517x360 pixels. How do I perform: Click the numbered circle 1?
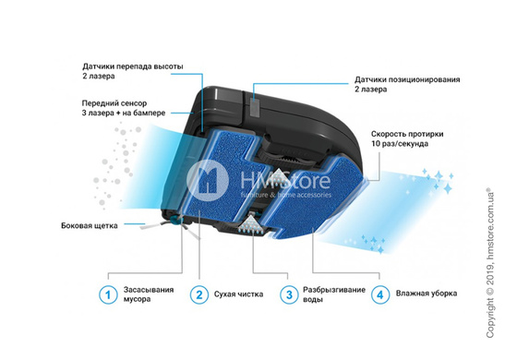109,294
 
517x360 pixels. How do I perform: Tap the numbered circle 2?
198,294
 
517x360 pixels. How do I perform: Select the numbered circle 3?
288,294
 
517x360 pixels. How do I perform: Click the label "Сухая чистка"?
238,294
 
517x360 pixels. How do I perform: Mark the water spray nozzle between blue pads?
252,224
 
